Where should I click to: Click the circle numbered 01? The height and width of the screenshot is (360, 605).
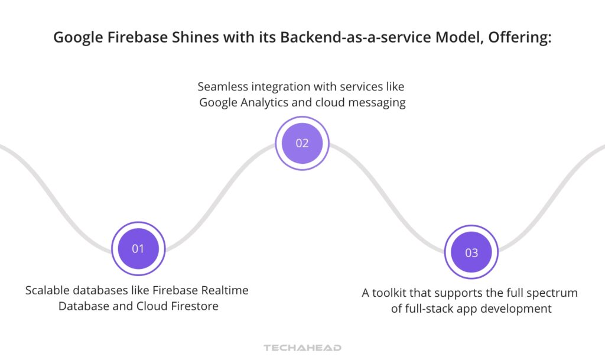point(138,248)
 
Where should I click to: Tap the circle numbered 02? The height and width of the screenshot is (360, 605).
point(302,143)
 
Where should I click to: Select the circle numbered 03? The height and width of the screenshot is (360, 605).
point(471,252)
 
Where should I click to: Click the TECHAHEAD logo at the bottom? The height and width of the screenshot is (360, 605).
point(302,348)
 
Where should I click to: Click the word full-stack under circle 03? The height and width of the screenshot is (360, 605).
point(430,309)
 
